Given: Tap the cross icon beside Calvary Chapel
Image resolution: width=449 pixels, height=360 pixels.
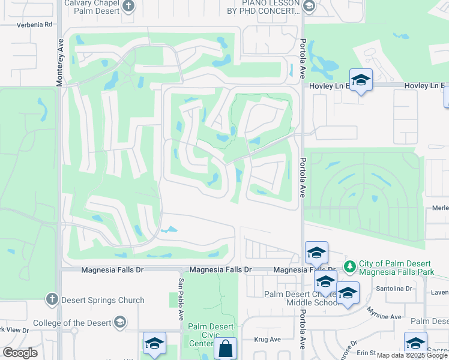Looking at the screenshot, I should tap(128, 7).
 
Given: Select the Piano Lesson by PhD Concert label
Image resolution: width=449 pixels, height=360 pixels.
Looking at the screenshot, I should tap(263, 6).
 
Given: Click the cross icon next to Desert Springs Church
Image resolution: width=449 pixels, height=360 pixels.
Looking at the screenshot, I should tap(52, 299).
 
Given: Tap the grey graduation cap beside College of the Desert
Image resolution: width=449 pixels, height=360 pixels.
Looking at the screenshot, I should tap(119, 323).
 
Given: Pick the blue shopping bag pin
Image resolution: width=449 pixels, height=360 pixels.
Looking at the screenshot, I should tap(225, 349).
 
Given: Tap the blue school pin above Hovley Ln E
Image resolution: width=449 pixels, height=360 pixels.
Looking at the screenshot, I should tap(361, 79).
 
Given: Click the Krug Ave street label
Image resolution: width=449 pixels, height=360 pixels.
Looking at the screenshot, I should tap(268, 339).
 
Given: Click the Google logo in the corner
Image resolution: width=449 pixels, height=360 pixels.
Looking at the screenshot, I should tap(20, 353).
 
